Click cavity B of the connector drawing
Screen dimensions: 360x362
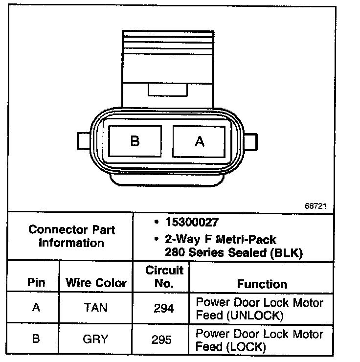click(x=135, y=141)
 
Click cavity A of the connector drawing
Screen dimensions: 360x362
click(x=199, y=141)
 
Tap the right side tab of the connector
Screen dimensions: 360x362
click(x=250, y=141)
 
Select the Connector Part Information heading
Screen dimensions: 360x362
click(x=72, y=236)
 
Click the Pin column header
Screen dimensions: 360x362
click(x=36, y=282)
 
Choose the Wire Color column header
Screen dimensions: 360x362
click(x=96, y=282)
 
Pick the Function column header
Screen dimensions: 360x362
click(x=262, y=284)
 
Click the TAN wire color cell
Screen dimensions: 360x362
click(x=96, y=308)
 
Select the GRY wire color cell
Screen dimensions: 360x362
click(x=96, y=339)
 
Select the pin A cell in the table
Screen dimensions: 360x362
click(x=36, y=308)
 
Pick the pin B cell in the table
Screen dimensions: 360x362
click(x=36, y=339)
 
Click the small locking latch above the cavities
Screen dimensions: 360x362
click(x=167, y=90)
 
